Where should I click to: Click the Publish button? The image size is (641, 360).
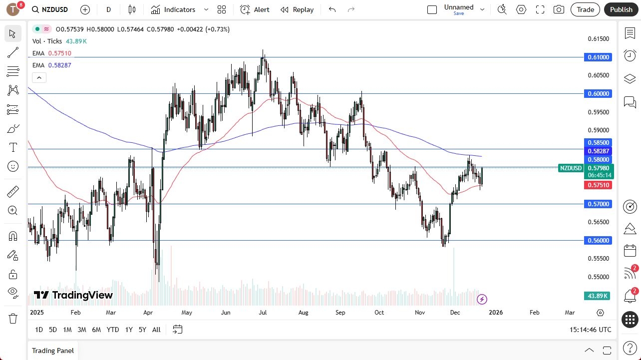click(621, 9)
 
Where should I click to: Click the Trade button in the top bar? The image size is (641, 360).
click(586, 9)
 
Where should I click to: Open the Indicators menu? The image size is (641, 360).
click(179, 9)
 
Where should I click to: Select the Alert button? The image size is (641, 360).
click(255, 9)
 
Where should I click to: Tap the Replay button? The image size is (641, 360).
click(297, 9)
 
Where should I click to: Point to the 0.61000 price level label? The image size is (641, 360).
click(598, 57)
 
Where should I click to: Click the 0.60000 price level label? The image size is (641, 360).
click(598, 94)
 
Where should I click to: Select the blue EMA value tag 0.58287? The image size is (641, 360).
click(598, 151)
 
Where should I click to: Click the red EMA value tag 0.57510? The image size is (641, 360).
click(598, 185)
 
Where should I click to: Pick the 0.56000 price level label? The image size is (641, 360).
click(598, 241)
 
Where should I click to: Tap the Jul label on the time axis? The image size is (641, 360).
click(263, 313)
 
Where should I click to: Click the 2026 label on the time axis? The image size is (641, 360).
click(496, 313)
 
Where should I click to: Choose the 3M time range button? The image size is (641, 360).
click(82, 330)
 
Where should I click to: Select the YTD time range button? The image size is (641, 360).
click(113, 330)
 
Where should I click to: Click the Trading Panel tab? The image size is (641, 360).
click(53, 351)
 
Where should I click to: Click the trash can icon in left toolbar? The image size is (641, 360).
click(13, 318)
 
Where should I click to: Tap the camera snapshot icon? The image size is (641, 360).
click(559, 9)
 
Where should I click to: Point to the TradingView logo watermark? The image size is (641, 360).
click(73, 295)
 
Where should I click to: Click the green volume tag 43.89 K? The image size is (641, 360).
click(598, 296)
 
